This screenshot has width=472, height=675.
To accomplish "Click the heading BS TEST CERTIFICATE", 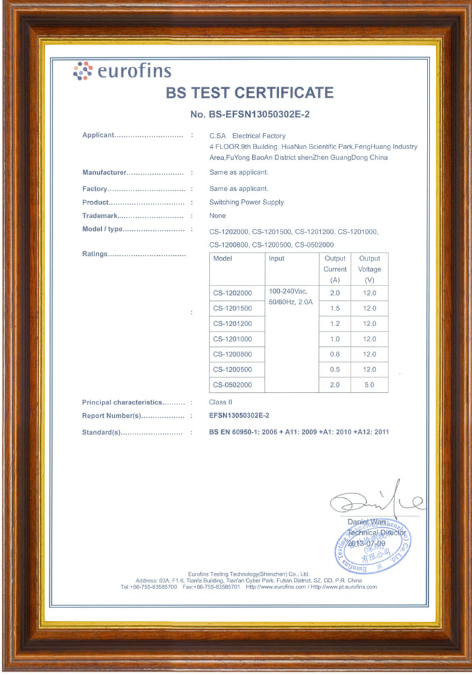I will pos(249,92).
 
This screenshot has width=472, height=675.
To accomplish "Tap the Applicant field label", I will pos(98,135).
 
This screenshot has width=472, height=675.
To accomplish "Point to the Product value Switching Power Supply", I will pos(247,202).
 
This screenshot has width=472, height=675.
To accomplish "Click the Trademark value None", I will pos(218,215).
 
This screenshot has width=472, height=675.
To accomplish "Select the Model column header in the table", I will pos(223,259).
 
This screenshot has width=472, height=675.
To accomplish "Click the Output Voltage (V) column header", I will pos(370,269).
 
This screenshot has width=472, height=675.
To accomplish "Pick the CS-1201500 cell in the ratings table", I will pos(232,308).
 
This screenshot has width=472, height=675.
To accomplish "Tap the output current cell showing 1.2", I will pos(335,323).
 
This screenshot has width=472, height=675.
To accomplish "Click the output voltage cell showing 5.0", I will pos(370,385).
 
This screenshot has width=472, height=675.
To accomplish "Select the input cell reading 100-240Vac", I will pos(288,291).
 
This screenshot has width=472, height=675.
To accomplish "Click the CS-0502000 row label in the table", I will pos(232,385).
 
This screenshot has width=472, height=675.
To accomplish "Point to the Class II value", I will pos(220,402).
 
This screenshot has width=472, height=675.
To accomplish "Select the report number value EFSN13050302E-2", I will pos(243,416).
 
